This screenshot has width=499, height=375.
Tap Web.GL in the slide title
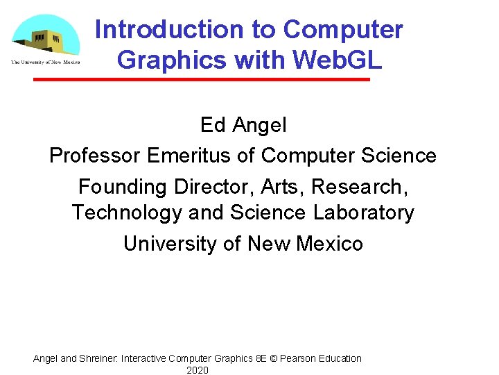coord(338,60)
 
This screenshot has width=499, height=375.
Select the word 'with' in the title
coord(261,60)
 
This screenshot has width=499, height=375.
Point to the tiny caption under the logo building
coord(45,62)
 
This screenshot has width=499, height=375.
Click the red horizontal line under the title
coord(202,80)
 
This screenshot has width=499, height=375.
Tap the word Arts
coord(282,187)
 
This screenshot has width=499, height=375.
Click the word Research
coord(367,187)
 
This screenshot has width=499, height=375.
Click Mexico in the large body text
coord(329,244)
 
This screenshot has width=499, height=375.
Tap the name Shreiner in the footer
coord(99,359)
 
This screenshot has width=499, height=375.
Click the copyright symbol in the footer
coord(273,359)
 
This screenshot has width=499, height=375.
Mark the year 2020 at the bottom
coord(198,370)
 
